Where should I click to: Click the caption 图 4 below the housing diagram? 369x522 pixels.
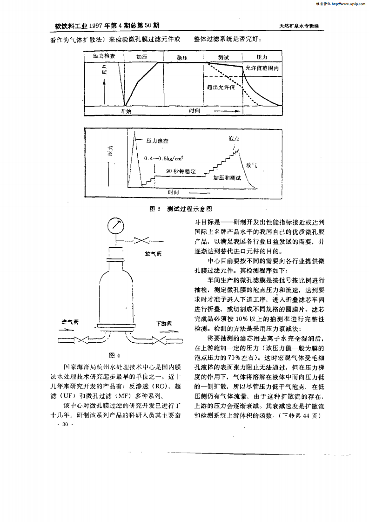click(114, 356)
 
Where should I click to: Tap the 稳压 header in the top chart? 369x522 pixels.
click(182, 57)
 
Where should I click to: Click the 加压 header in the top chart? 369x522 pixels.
click(142, 57)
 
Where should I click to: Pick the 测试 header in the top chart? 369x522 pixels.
click(223, 57)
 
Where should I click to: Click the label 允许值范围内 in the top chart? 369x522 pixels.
click(262, 68)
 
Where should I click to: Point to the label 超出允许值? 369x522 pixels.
click(221, 87)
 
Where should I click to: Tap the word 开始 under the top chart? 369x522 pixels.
click(126, 111)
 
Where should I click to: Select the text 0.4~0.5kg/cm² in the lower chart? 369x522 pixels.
click(163, 158)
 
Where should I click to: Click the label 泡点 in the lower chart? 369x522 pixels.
click(234, 138)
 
